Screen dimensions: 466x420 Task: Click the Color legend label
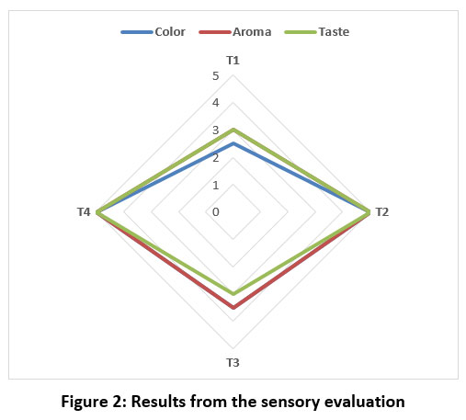[x=170, y=32]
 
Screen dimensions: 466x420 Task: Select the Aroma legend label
[x=252, y=32]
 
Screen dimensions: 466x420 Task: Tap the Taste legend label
[x=334, y=32]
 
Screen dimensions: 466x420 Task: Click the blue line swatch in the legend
[x=137, y=32]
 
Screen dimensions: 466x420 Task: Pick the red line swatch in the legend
[x=214, y=32]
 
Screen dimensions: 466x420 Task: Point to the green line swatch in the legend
[x=301, y=32]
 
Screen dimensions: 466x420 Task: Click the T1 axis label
[x=233, y=61]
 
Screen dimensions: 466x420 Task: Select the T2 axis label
[x=382, y=212]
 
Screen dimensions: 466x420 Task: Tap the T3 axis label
[x=233, y=363]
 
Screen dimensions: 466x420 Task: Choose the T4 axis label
[x=84, y=212]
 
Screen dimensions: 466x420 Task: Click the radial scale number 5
[x=216, y=76]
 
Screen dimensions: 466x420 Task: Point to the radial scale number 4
[x=216, y=103]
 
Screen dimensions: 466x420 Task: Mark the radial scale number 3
[x=216, y=131]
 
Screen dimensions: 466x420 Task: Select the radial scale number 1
[x=216, y=185]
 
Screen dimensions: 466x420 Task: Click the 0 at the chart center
[x=216, y=212]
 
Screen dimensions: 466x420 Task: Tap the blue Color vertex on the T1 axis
[x=233, y=143]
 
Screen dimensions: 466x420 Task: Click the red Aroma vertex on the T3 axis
[x=233, y=307]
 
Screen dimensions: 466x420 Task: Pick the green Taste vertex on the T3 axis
[x=233, y=293]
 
